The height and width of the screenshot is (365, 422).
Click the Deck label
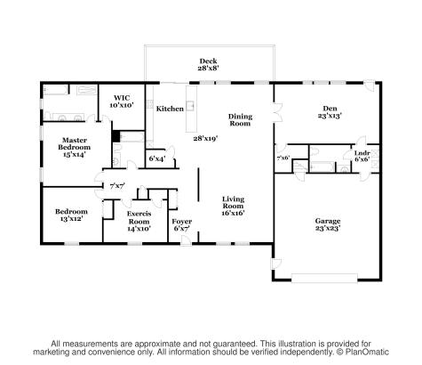[x=208, y=62]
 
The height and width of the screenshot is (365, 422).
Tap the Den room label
[x=330, y=111]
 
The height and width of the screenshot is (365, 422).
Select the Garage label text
[x=328, y=223]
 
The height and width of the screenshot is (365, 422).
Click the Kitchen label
[x=170, y=109]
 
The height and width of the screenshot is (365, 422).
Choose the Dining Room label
[x=240, y=120]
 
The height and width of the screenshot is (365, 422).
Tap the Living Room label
[x=233, y=207]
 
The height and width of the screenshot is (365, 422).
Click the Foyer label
[x=181, y=223]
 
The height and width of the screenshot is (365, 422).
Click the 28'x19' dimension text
[x=206, y=138]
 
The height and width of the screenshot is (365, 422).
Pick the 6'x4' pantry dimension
[x=157, y=158]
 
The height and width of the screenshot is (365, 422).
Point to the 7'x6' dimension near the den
[x=283, y=158]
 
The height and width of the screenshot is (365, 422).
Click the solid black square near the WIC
[x=115, y=136]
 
